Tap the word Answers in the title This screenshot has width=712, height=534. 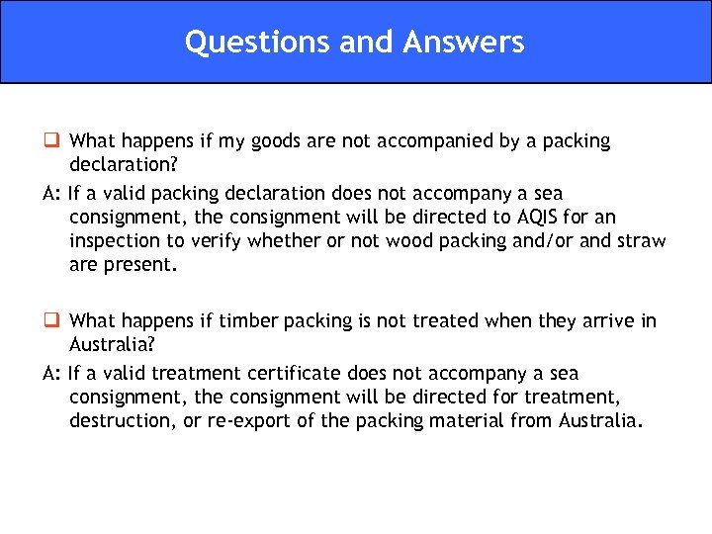(x=464, y=42)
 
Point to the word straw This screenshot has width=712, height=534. (x=641, y=241)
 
